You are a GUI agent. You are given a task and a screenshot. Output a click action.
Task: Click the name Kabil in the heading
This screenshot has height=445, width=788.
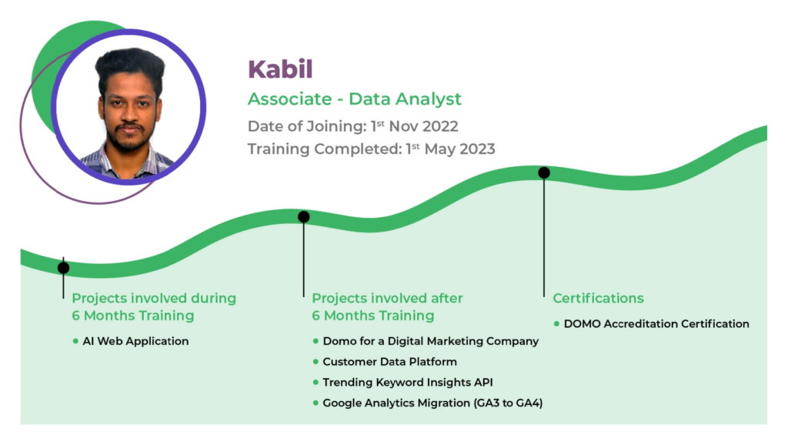pos(280,69)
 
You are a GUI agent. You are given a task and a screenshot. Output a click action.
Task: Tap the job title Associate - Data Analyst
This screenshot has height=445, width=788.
pos(354,99)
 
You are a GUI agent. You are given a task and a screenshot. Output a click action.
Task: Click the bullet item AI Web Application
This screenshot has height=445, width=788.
pos(135,341)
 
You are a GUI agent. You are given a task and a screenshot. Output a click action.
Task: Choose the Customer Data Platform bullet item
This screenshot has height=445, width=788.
pos(389,362)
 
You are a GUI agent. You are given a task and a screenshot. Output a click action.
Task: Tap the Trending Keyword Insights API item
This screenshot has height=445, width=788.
pos(408,382)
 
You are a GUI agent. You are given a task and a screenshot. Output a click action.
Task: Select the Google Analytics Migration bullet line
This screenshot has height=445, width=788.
pos(432,403)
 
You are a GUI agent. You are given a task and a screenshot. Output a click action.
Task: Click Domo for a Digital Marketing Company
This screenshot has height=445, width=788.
pos(430,341)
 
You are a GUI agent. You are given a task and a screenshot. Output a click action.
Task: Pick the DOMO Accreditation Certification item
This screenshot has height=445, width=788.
pos(656,324)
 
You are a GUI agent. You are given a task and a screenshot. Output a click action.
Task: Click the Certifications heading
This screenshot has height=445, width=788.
pos(598,298)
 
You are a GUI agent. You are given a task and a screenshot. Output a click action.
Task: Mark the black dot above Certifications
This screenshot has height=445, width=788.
pos(544,173)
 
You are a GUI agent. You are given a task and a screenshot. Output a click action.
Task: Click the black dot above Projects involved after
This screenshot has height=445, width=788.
pos(303,216)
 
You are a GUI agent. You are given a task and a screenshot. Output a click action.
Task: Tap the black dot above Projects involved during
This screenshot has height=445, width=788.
pos(63,268)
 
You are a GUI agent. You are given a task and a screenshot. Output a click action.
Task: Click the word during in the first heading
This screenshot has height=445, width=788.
pos(213,298)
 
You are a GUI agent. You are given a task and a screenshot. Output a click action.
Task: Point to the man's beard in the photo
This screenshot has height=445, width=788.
pos(129,139)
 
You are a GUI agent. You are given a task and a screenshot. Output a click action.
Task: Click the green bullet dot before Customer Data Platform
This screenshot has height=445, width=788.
pos(316,362)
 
